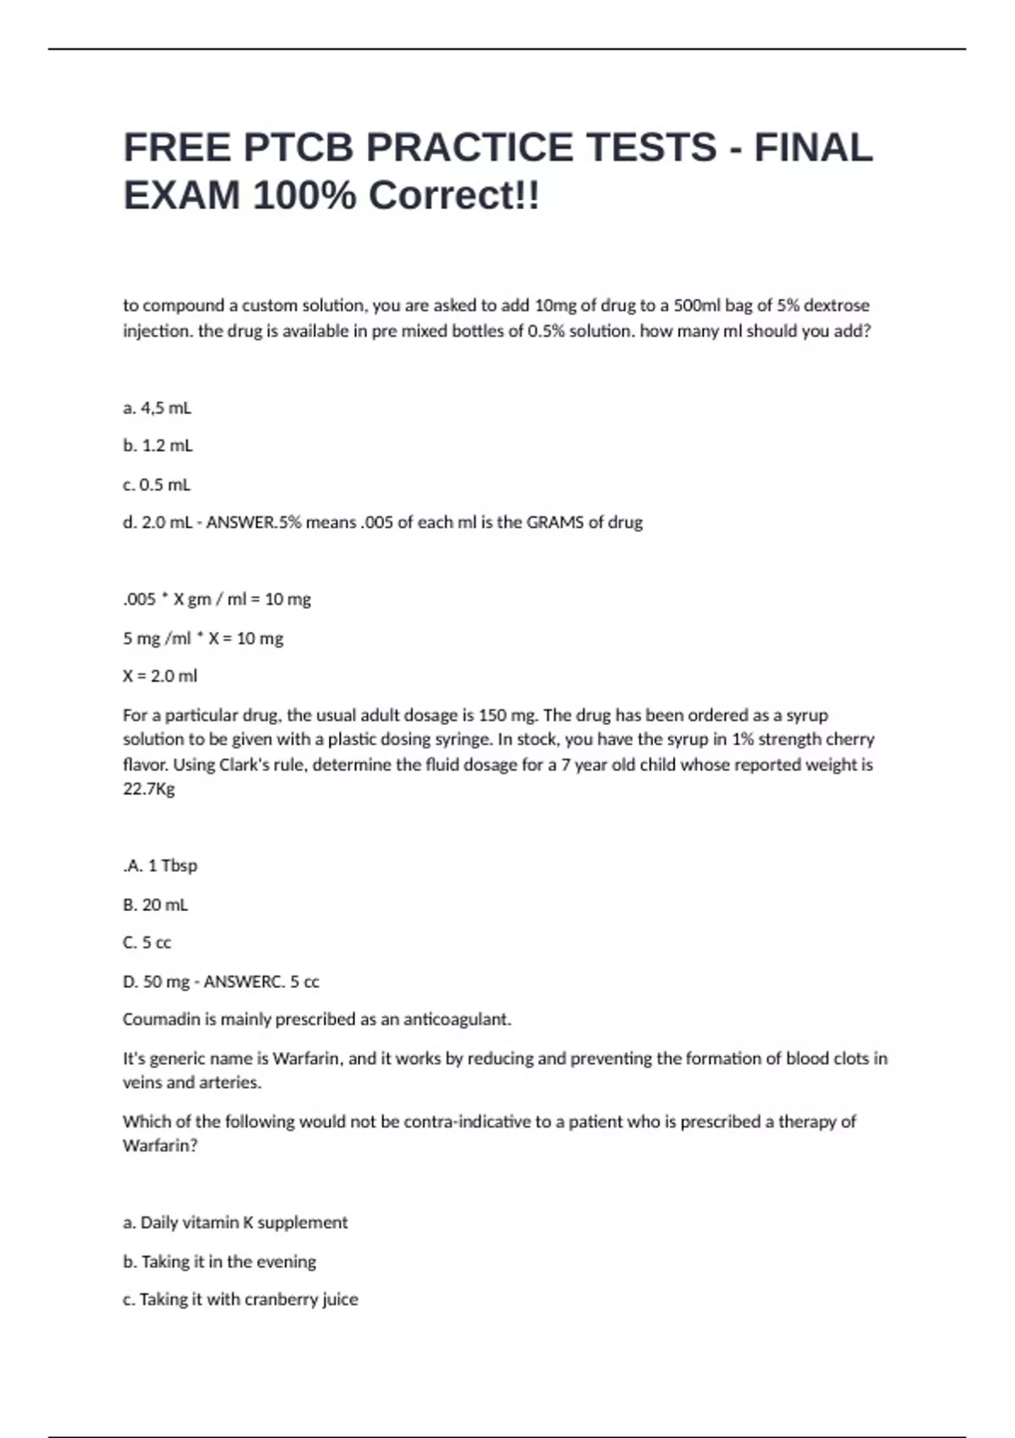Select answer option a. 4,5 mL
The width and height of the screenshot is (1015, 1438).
tap(157, 408)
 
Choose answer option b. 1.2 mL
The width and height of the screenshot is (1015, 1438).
tap(158, 445)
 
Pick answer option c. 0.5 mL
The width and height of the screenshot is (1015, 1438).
tap(156, 485)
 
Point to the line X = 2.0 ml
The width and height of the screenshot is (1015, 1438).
tap(160, 676)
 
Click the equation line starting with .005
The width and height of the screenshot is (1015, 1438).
tap(217, 600)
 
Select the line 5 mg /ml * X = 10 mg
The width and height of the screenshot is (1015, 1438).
tap(203, 639)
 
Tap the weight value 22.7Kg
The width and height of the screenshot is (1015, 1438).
tap(149, 789)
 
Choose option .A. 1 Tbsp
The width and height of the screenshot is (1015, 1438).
tap(160, 865)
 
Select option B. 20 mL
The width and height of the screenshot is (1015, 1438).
tap(156, 904)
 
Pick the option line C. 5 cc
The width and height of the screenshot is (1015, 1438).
tap(147, 942)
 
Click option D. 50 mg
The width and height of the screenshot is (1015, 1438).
tap(156, 982)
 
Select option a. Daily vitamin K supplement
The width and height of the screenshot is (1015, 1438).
tap(235, 1222)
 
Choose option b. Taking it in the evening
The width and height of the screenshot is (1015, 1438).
tap(219, 1261)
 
